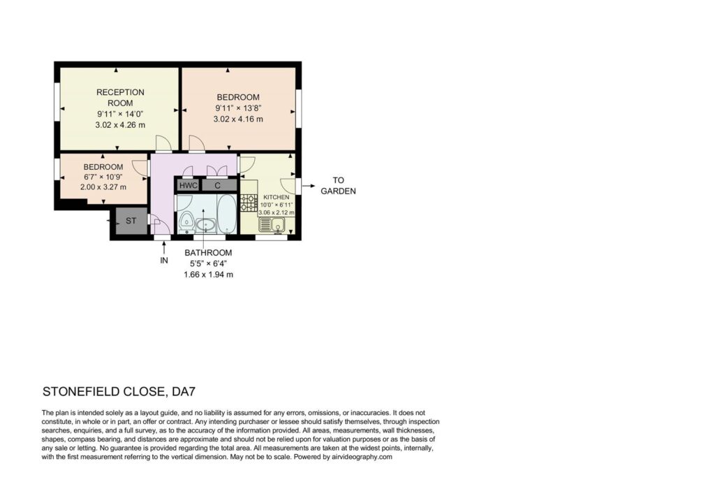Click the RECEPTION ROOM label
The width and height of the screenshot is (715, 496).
click(x=120, y=98)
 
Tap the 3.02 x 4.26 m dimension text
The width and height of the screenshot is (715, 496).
click(x=120, y=125)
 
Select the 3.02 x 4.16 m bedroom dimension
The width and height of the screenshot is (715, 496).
click(x=238, y=119)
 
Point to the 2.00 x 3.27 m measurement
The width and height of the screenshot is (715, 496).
click(x=103, y=187)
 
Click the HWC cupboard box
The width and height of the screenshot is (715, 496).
click(x=189, y=185)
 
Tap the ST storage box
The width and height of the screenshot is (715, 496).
click(x=131, y=221)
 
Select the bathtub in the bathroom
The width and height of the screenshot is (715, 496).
click(x=227, y=214)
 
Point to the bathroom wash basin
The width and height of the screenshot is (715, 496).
click(x=206, y=224)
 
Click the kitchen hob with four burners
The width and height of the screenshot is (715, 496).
click(x=249, y=203)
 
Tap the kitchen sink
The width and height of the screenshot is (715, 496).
click(x=272, y=224)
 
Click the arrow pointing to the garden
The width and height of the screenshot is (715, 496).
click(x=308, y=186)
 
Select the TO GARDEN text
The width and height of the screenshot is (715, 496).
click(x=338, y=186)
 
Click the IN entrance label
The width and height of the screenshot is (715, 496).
click(x=163, y=261)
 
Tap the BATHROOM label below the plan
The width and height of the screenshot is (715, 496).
click(x=208, y=253)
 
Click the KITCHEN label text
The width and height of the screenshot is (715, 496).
click(x=277, y=197)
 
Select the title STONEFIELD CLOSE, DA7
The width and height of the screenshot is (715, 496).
click(x=119, y=391)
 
